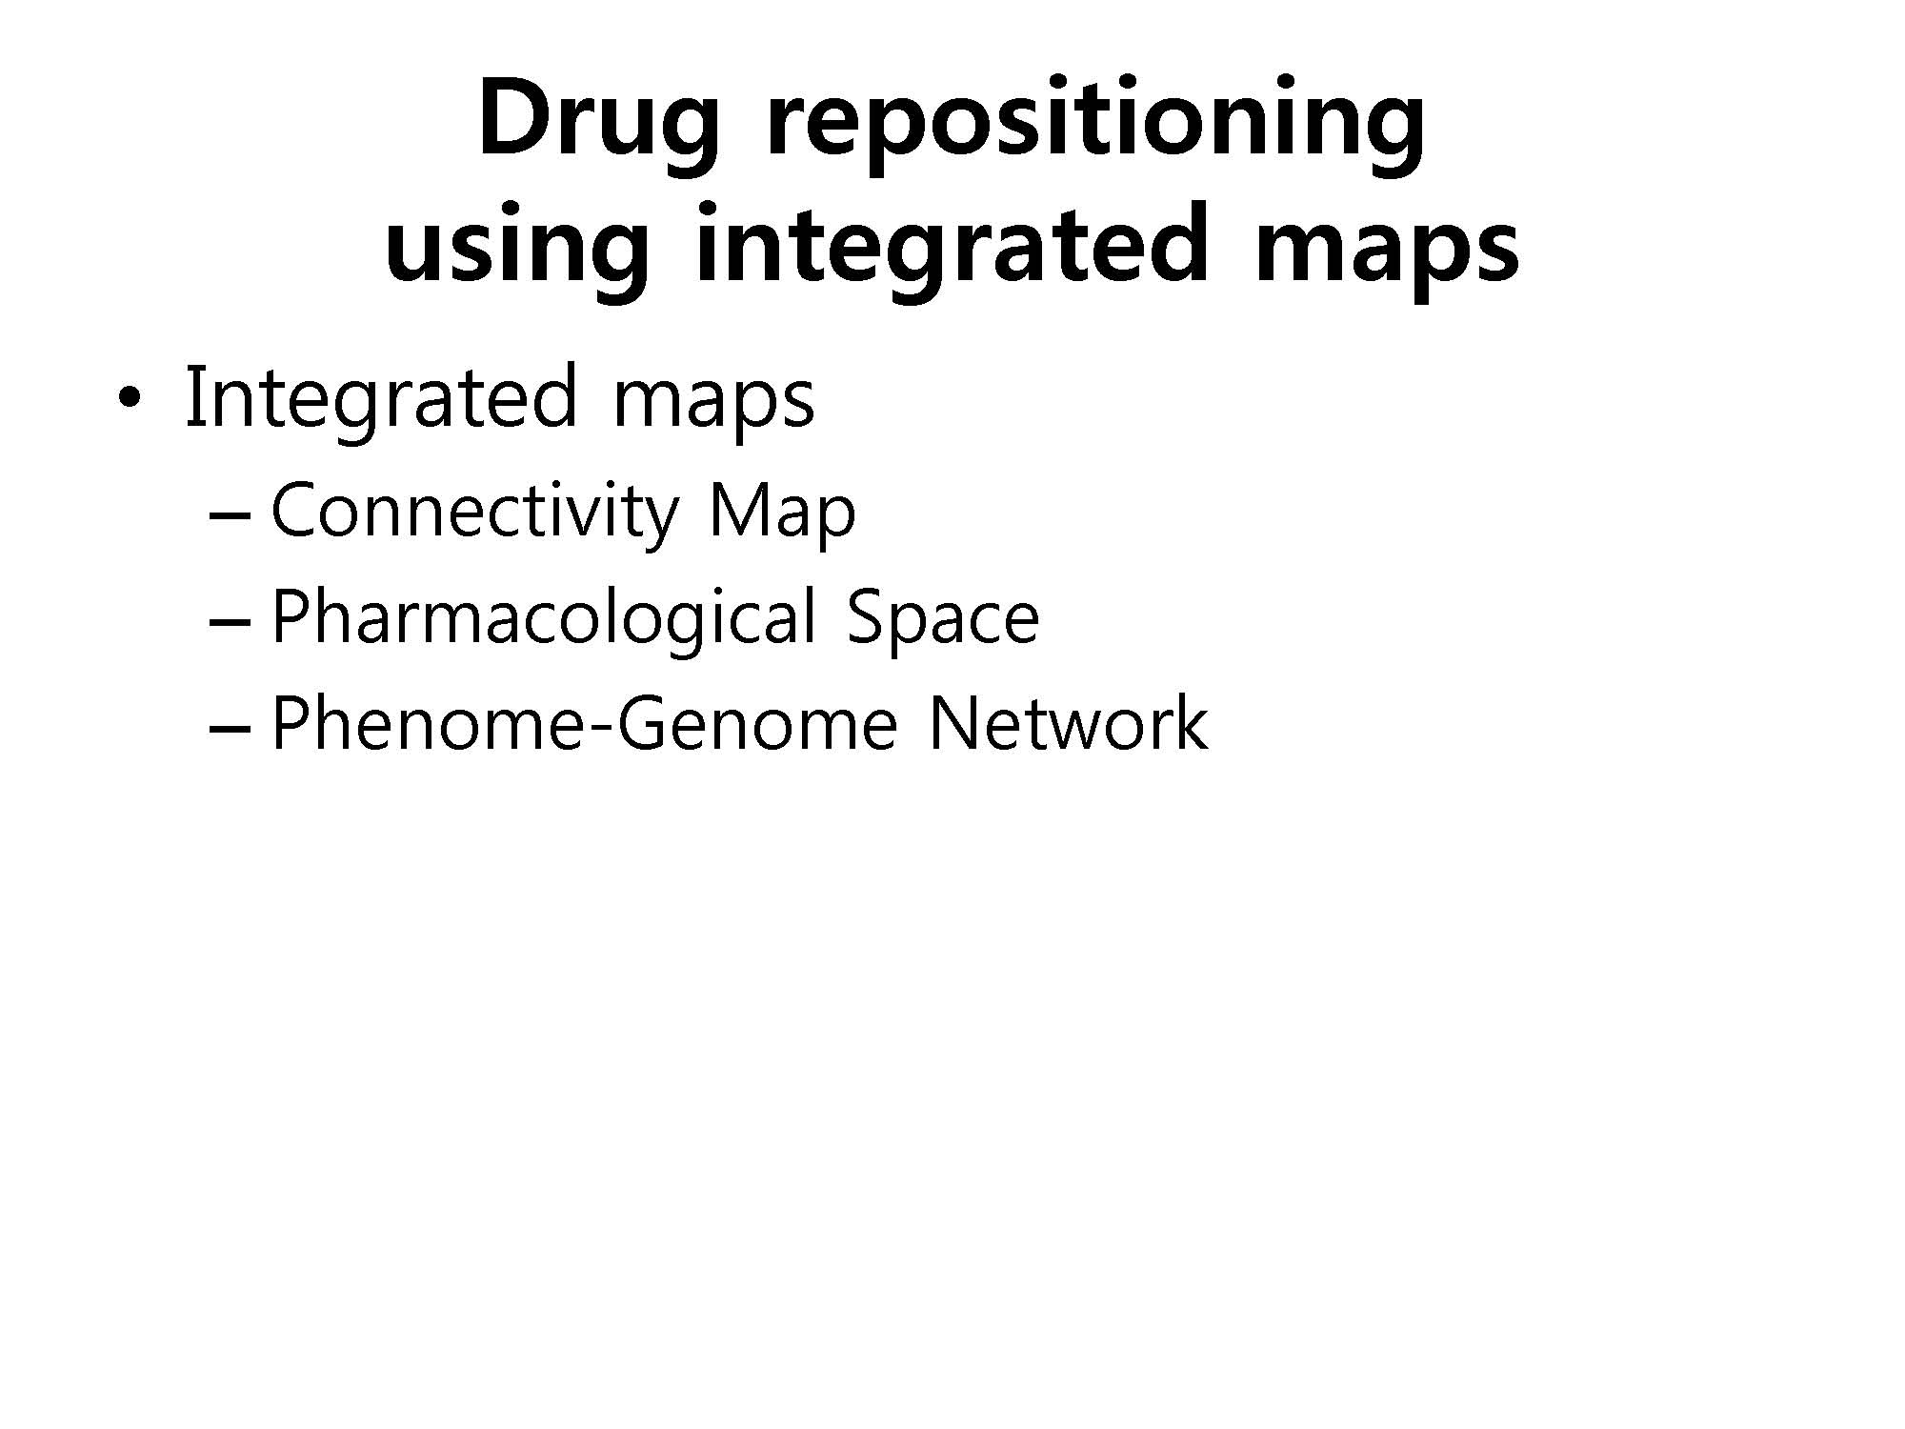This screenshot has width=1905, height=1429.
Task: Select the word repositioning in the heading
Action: (1095, 125)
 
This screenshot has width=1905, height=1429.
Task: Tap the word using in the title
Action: (517, 250)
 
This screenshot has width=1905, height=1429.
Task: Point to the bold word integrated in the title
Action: (952, 250)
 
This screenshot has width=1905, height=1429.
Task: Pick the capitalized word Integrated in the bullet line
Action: (381, 398)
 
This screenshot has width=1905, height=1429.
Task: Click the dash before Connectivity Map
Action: (230, 515)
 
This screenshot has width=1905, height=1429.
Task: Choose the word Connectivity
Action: (474, 513)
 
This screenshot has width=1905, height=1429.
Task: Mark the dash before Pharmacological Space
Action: (230, 620)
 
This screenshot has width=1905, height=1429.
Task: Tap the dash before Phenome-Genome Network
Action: (230, 726)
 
